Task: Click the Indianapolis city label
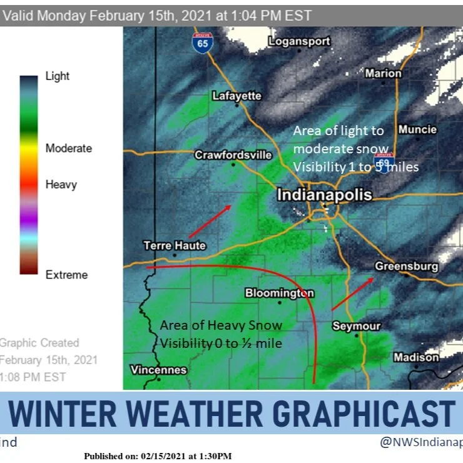point(324,195)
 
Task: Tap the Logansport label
point(298,41)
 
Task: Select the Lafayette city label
point(237,96)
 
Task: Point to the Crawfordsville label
point(233,155)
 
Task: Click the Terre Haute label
point(175,245)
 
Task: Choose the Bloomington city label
point(279,293)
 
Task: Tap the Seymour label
point(356,326)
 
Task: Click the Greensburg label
point(406,267)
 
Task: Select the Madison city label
point(416,357)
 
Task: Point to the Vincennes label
point(158,370)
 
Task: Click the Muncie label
point(417,130)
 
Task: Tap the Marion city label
point(383,73)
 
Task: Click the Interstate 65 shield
point(201,43)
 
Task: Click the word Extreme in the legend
point(66,275)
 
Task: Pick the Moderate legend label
point(68,148)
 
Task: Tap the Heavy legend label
point(61,185)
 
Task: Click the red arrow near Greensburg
point(353,294)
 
